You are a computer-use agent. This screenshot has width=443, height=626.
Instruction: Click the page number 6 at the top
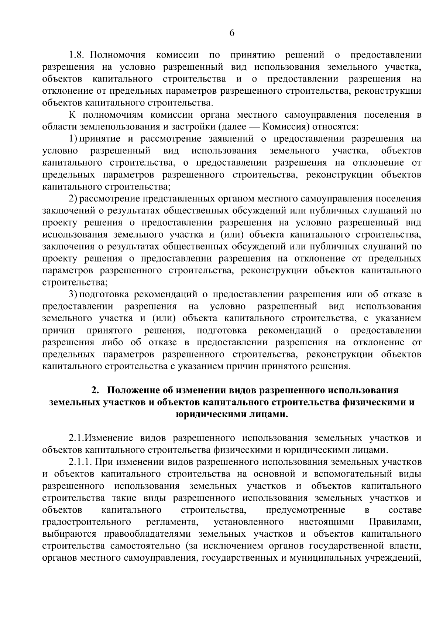(x=232, y=33)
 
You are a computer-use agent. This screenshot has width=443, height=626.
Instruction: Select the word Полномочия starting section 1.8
(x=118, y=55)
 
